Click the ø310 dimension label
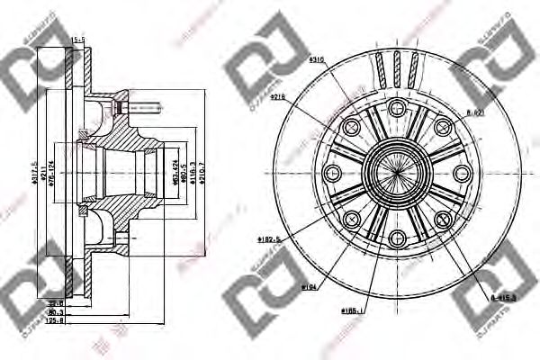316,59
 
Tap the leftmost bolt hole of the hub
330,174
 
